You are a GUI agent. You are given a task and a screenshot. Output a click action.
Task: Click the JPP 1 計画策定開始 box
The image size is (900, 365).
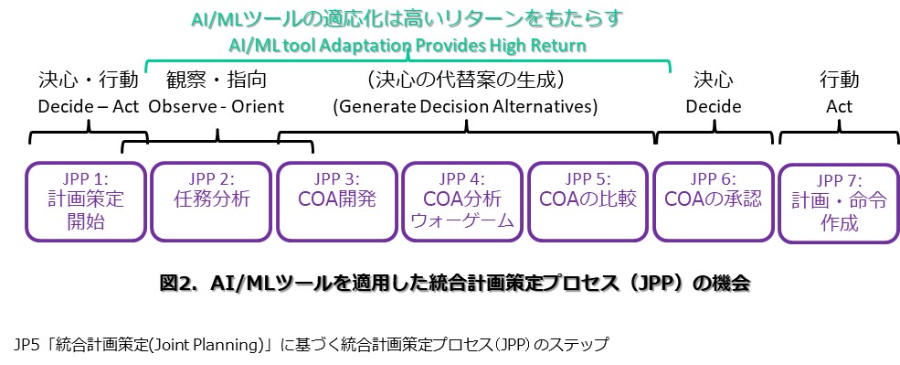(86, 201)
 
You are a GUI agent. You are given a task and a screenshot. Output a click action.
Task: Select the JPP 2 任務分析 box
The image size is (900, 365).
(211, 201)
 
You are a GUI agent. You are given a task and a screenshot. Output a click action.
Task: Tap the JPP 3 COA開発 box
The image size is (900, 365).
(337, 201)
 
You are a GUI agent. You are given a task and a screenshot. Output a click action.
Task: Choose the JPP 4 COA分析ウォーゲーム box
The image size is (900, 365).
(462, 201)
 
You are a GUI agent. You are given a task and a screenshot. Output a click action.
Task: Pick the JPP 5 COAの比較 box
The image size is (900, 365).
(588, 201)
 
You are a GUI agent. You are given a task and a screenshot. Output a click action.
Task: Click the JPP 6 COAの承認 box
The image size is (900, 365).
(714, 201)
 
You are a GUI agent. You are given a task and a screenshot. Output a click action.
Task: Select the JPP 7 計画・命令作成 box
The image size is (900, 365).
(839, 202)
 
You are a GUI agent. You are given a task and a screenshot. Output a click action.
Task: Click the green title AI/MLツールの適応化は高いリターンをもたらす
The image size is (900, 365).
(407, 18)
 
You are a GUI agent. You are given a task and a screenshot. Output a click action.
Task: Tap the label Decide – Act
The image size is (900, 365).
(89, 107)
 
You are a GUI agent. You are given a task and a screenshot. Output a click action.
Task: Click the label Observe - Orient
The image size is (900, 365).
(217, 107)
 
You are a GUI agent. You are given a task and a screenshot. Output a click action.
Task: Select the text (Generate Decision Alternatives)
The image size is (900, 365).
(465, 107)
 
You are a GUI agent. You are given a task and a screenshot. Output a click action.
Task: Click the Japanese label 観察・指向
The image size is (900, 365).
(217, 81)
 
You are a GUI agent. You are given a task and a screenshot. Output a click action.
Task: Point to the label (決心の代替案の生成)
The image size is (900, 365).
(465, 81)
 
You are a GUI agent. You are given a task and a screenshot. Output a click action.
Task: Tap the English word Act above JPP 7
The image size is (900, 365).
(839, 107)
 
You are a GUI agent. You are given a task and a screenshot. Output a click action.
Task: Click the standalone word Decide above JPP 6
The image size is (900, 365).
(714, 107)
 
